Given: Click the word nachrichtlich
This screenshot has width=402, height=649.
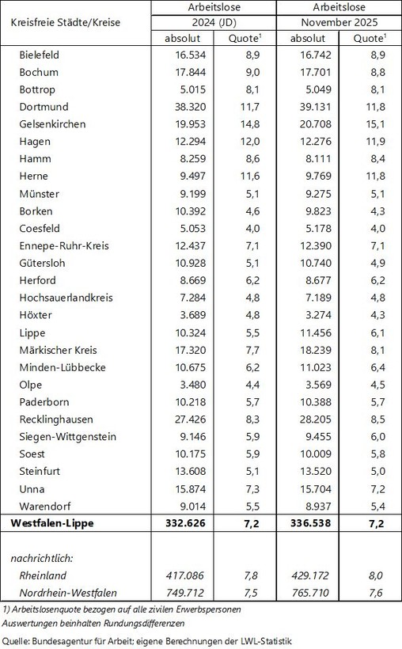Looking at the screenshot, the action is tap(47, 559).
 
